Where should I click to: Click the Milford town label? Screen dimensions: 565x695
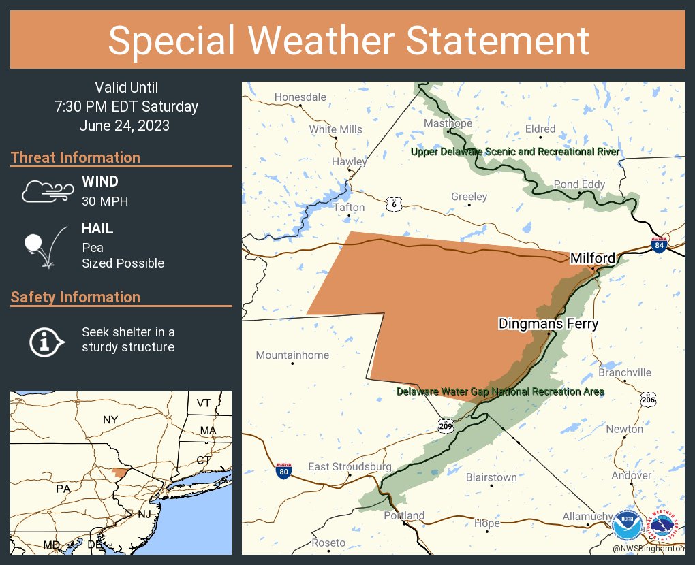pos(592,259)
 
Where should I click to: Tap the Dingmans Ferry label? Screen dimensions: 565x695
pos(548,324)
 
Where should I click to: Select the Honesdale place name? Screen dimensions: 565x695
pos(300,97)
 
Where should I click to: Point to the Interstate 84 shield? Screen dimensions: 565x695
pos(659,246)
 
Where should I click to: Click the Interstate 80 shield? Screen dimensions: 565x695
pos(283,470)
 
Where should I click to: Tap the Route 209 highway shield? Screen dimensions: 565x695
pos(445,425)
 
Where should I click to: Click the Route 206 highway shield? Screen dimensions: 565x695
pos(649,400)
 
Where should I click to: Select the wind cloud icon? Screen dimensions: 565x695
pos(46,191)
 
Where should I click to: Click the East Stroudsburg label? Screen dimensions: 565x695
pos(350,467)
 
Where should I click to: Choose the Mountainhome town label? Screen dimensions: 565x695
pos(292,355)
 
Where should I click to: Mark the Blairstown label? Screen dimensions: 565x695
pos(491,478)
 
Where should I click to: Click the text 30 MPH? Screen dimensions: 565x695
pos(105,201)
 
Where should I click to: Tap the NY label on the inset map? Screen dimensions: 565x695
pos(110,420)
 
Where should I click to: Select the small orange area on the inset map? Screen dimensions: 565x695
pos(119,472)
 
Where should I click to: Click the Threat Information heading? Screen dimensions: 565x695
pos(76,158)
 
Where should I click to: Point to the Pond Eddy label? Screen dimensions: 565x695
pos(579,184)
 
